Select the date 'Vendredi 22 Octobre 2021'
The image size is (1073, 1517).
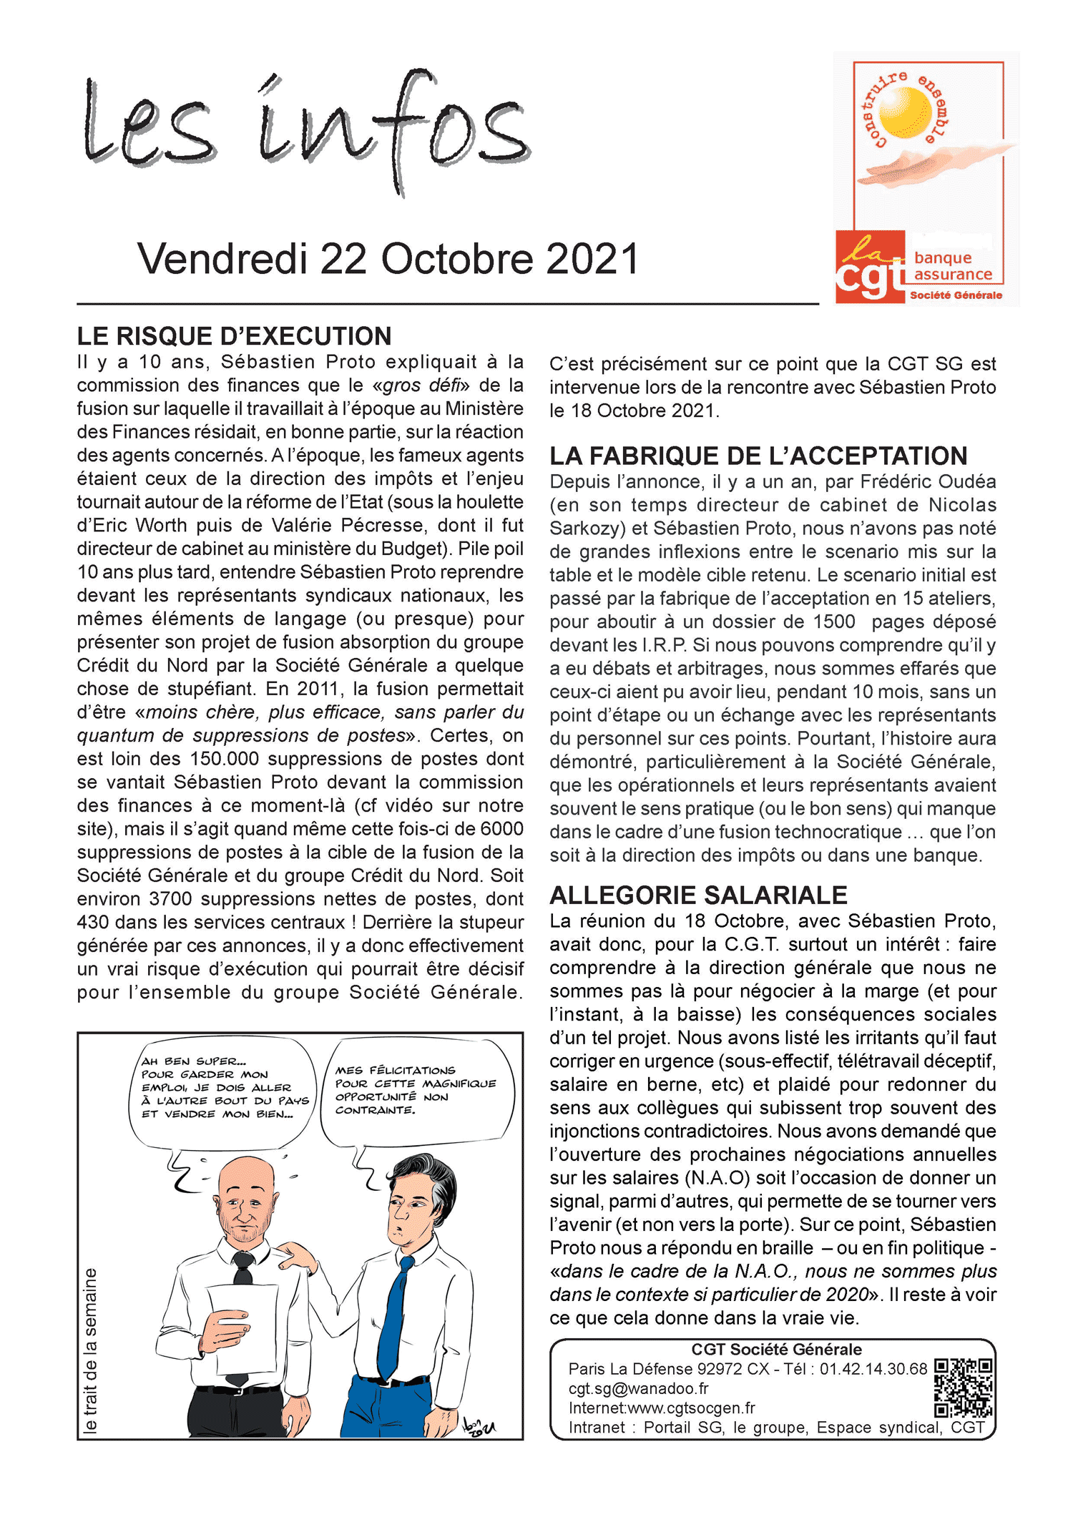coord(388,259)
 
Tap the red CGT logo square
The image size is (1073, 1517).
coord(870,267)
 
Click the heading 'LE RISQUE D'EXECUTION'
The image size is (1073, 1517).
coord(234,336)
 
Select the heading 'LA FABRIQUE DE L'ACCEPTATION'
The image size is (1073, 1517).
coord(758,456)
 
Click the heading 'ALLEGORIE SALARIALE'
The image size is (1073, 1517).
coord(698,895)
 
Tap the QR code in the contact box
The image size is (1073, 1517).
coord(964,1388)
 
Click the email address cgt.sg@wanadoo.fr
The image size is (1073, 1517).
coord(638,1388)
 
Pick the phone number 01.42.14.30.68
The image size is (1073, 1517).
coord(873,1369)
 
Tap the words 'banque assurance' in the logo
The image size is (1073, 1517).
coord(952,266)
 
